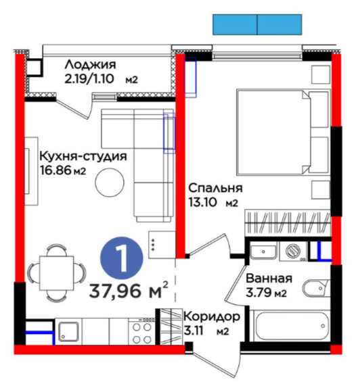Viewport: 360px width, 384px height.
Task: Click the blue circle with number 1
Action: [121, 258]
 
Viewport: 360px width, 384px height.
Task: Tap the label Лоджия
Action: [91, 65]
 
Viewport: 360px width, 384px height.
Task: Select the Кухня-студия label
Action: [83, 156]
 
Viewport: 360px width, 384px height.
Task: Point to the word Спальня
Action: [215, 188]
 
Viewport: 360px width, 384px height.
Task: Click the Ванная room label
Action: [269, 279]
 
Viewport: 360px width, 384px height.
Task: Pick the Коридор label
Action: [212, 317]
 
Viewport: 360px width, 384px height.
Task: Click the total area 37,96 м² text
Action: [129, 290]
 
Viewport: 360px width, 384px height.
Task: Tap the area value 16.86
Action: [55, 170]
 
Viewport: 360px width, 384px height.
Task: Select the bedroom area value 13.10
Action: [202, 203]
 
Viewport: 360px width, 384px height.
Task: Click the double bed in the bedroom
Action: [283, 133]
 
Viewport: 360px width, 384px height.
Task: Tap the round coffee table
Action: [110, 183]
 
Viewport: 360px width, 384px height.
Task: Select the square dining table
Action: [57, 272]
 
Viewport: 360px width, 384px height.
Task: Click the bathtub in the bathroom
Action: [291, 326]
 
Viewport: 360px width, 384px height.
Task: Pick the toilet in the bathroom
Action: [317, 289]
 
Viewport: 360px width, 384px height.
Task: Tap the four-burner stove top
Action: [141, 331]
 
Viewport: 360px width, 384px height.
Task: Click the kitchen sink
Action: [68, 331]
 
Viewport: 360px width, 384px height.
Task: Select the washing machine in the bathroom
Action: [293, 251]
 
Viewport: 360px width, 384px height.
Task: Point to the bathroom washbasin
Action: [263, 251]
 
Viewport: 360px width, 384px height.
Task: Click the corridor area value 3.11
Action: [194, 331]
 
